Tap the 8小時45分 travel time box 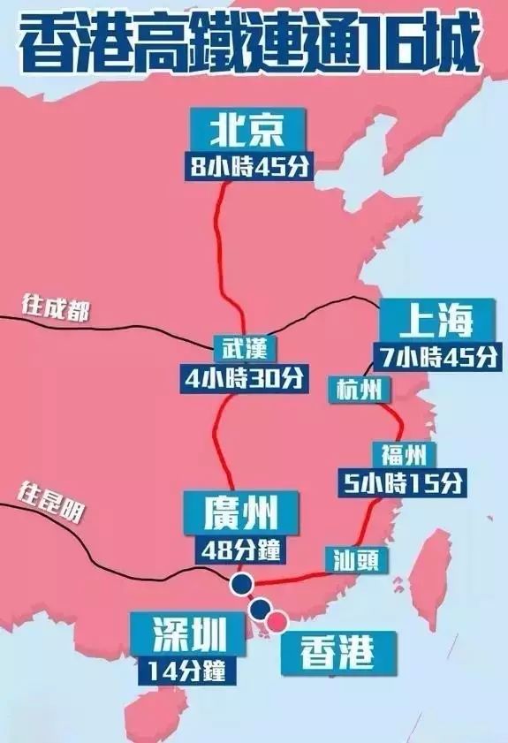click(249, 167)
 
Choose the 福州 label click(405, 455)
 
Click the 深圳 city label click(185, 633)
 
